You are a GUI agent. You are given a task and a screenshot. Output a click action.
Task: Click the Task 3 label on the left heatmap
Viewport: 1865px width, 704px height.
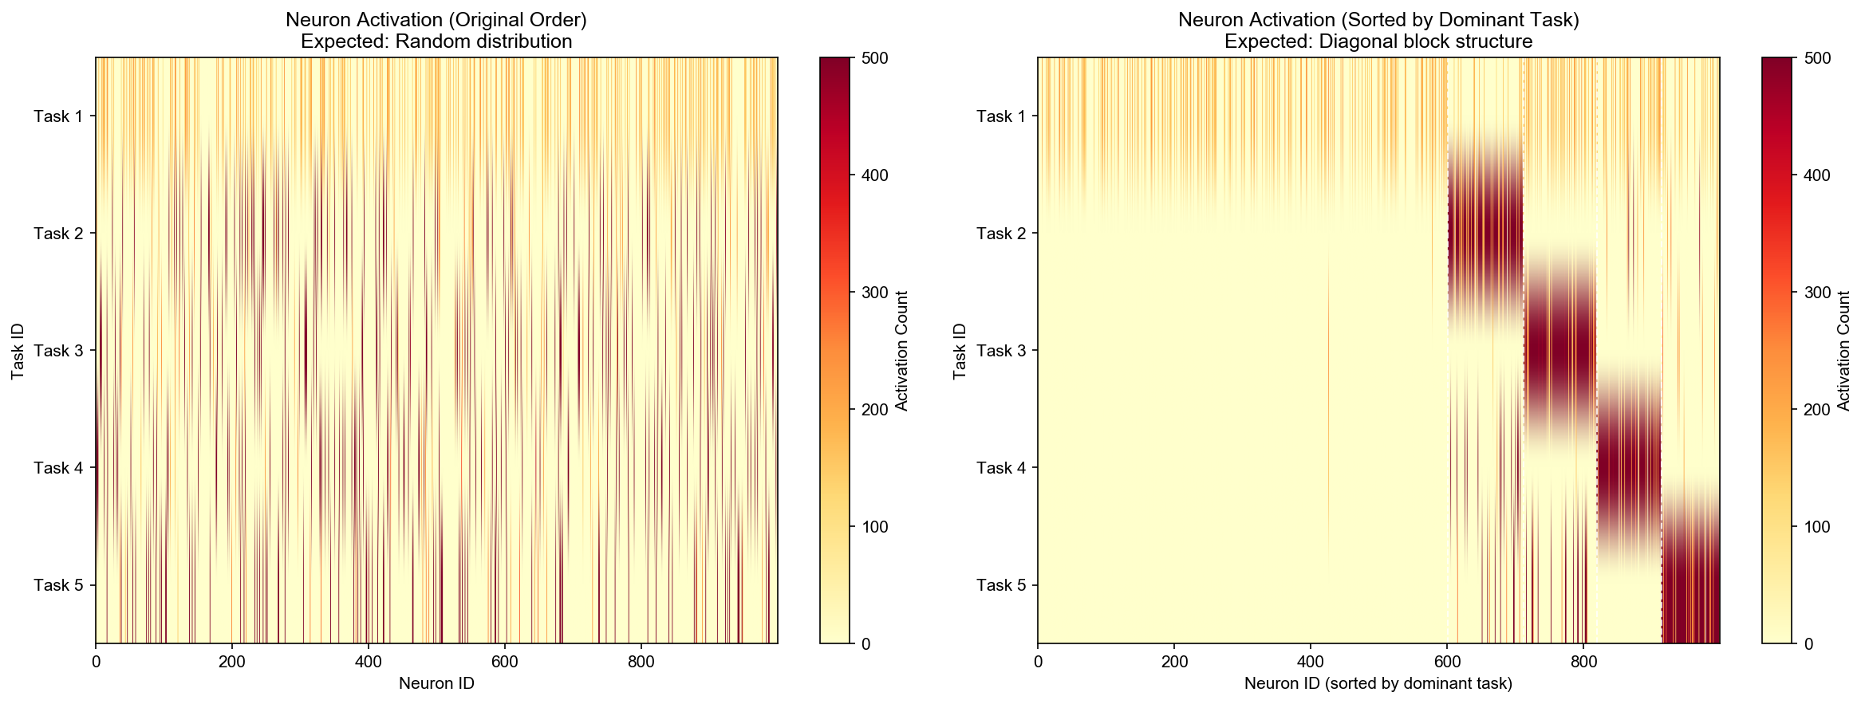pos(57,351)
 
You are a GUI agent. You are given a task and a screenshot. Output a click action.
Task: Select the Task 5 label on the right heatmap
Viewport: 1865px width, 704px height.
pos(1000,585)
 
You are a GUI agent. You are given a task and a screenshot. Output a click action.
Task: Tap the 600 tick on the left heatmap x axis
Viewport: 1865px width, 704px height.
pos(505,662)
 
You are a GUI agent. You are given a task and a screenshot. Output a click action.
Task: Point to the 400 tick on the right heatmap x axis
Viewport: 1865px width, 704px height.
pos(1310,662)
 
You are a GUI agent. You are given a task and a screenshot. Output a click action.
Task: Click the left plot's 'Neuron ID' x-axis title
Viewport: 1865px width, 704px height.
pos(436,683)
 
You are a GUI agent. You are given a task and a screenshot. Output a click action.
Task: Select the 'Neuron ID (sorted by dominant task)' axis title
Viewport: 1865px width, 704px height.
pos(1378,683)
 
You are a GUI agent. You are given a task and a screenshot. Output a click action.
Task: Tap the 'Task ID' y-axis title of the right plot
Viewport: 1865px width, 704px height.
pos(960,351)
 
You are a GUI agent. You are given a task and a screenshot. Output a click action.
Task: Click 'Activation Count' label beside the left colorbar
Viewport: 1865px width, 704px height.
pos(902,351)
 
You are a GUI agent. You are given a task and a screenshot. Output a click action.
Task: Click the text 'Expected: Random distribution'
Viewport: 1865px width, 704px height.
pos(436,41)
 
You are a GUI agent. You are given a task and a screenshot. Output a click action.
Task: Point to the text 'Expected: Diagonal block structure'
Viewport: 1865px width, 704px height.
pos(1378,41)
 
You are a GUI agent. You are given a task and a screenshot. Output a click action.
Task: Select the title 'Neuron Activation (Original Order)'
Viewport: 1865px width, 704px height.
pos(436,20)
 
